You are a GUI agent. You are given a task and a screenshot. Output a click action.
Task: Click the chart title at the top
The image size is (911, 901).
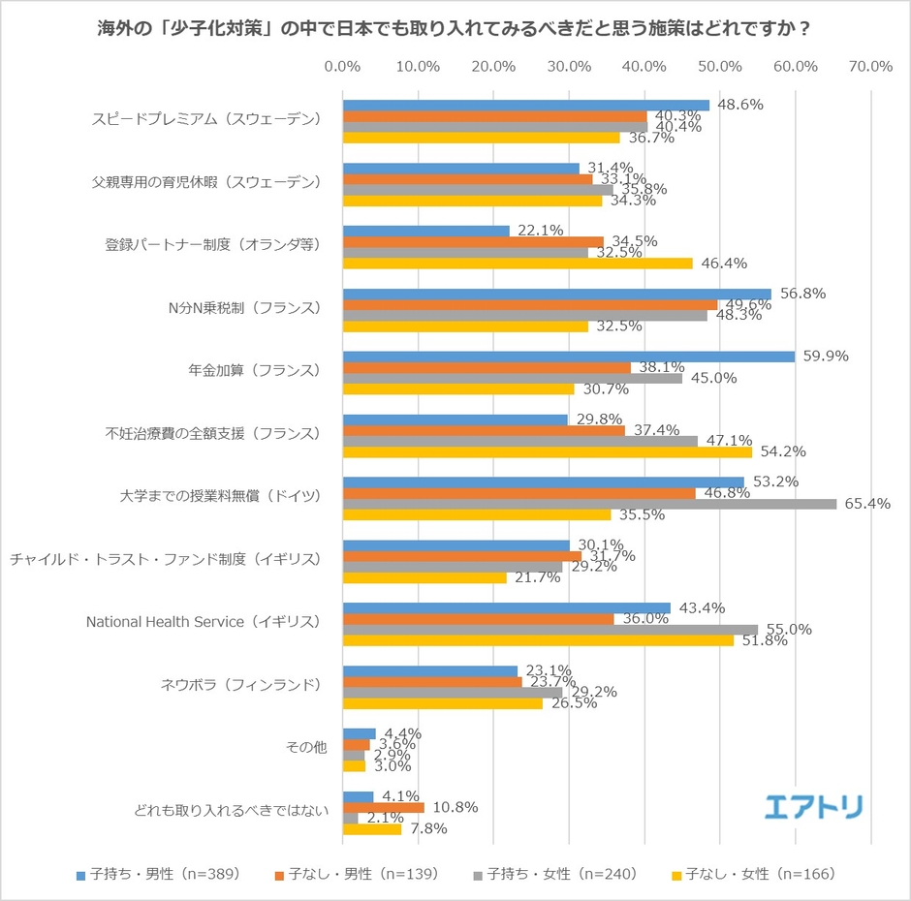tap(455, 28)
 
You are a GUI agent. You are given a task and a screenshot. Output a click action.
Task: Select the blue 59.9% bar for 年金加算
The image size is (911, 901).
tap(569, 357)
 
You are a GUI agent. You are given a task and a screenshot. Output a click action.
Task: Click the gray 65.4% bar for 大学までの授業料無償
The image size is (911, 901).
tap(589, 504)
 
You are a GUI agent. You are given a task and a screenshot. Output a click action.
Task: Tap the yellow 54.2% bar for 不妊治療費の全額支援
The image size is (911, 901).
tap(548, 451)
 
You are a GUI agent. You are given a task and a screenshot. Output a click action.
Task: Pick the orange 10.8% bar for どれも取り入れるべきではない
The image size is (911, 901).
tap(384, 807)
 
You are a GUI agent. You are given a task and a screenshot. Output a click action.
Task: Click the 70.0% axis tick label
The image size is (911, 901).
tap(869, 67)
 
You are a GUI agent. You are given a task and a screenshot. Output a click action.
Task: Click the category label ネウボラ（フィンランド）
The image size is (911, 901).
tap(238, 684)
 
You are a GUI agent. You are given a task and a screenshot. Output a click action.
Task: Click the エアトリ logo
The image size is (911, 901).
tap(813, 806)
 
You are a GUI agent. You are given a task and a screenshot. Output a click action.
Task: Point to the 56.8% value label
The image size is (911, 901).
tap(804, 294)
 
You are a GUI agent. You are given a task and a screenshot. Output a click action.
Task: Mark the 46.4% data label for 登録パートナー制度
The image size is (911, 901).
tap(722, 264)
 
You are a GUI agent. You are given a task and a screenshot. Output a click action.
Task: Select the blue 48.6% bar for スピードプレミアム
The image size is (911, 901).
tap(526, 106)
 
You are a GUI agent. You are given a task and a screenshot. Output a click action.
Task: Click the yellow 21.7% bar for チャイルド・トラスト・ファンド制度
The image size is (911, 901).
tap(424, 577)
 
